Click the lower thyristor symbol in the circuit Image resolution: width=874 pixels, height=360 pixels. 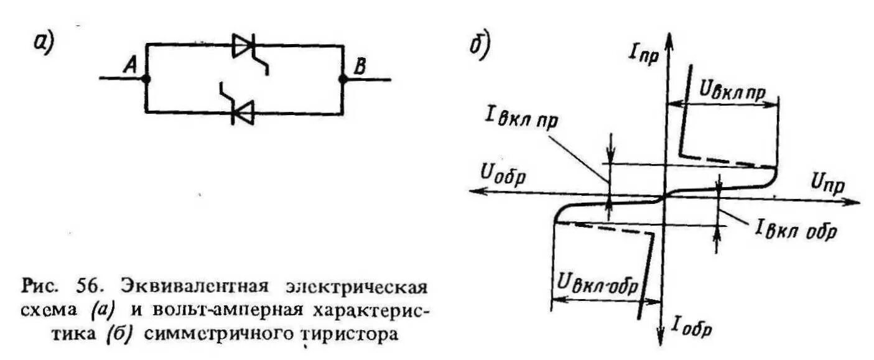(243, 113)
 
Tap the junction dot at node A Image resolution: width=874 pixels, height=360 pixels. (146, 80)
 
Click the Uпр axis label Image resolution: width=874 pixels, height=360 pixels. (829, 182)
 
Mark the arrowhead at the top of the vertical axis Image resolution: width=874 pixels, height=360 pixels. (669, 37)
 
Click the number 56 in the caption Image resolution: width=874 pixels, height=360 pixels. (94, 288)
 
